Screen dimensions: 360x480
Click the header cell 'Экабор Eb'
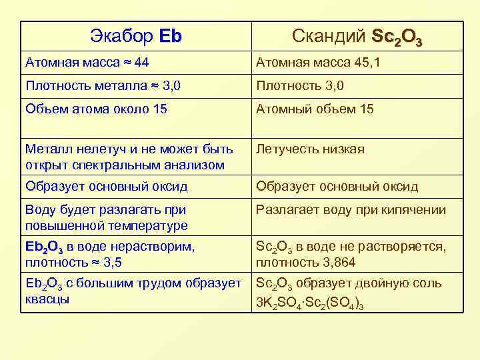pos(135,36)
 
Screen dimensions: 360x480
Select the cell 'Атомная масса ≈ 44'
pos(135,63)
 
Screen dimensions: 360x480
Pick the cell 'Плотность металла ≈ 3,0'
pos(135,86)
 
